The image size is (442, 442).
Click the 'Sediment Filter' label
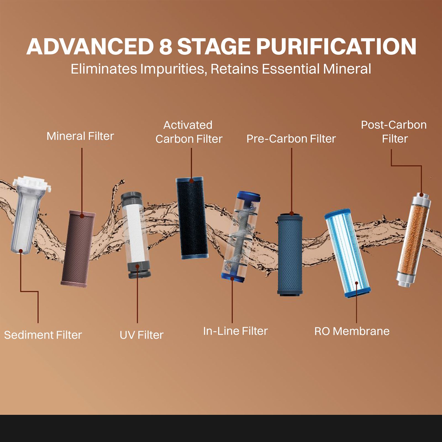(43, 335)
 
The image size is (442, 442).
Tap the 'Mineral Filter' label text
(80, 136)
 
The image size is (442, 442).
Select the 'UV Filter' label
(141, 335)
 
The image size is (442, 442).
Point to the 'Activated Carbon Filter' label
(189, 132)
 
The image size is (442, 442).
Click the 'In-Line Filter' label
(235, 331)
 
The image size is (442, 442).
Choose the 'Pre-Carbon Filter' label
(291, 139)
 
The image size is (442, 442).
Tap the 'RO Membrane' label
(352, 331)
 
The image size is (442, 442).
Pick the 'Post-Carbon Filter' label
(394, 131)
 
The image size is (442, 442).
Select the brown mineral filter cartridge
(78, 249)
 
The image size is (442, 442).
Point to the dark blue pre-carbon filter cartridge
(290, 254)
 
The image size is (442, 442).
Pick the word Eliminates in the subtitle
(104, 69)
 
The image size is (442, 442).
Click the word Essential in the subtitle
(291, 69)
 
